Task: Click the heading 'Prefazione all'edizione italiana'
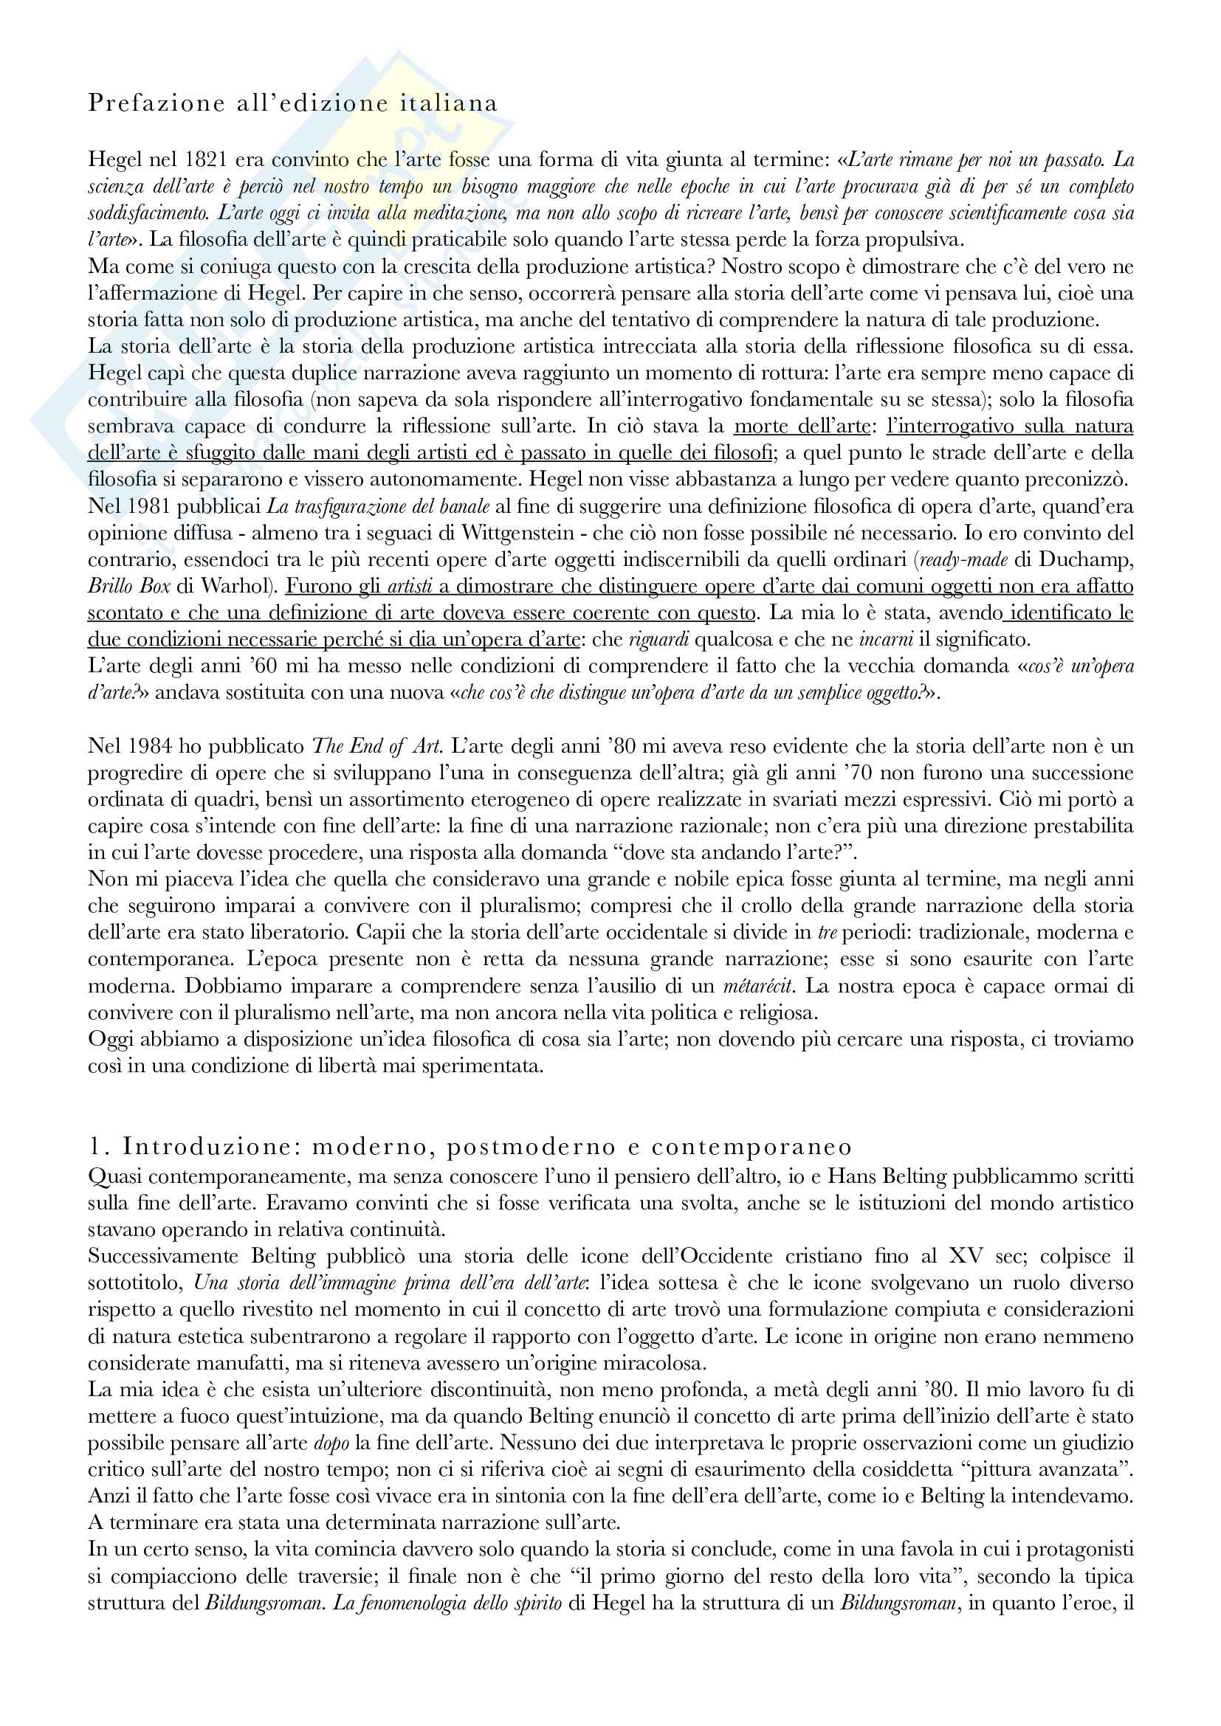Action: click(292, 103)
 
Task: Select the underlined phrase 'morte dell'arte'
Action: click(802, 427)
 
